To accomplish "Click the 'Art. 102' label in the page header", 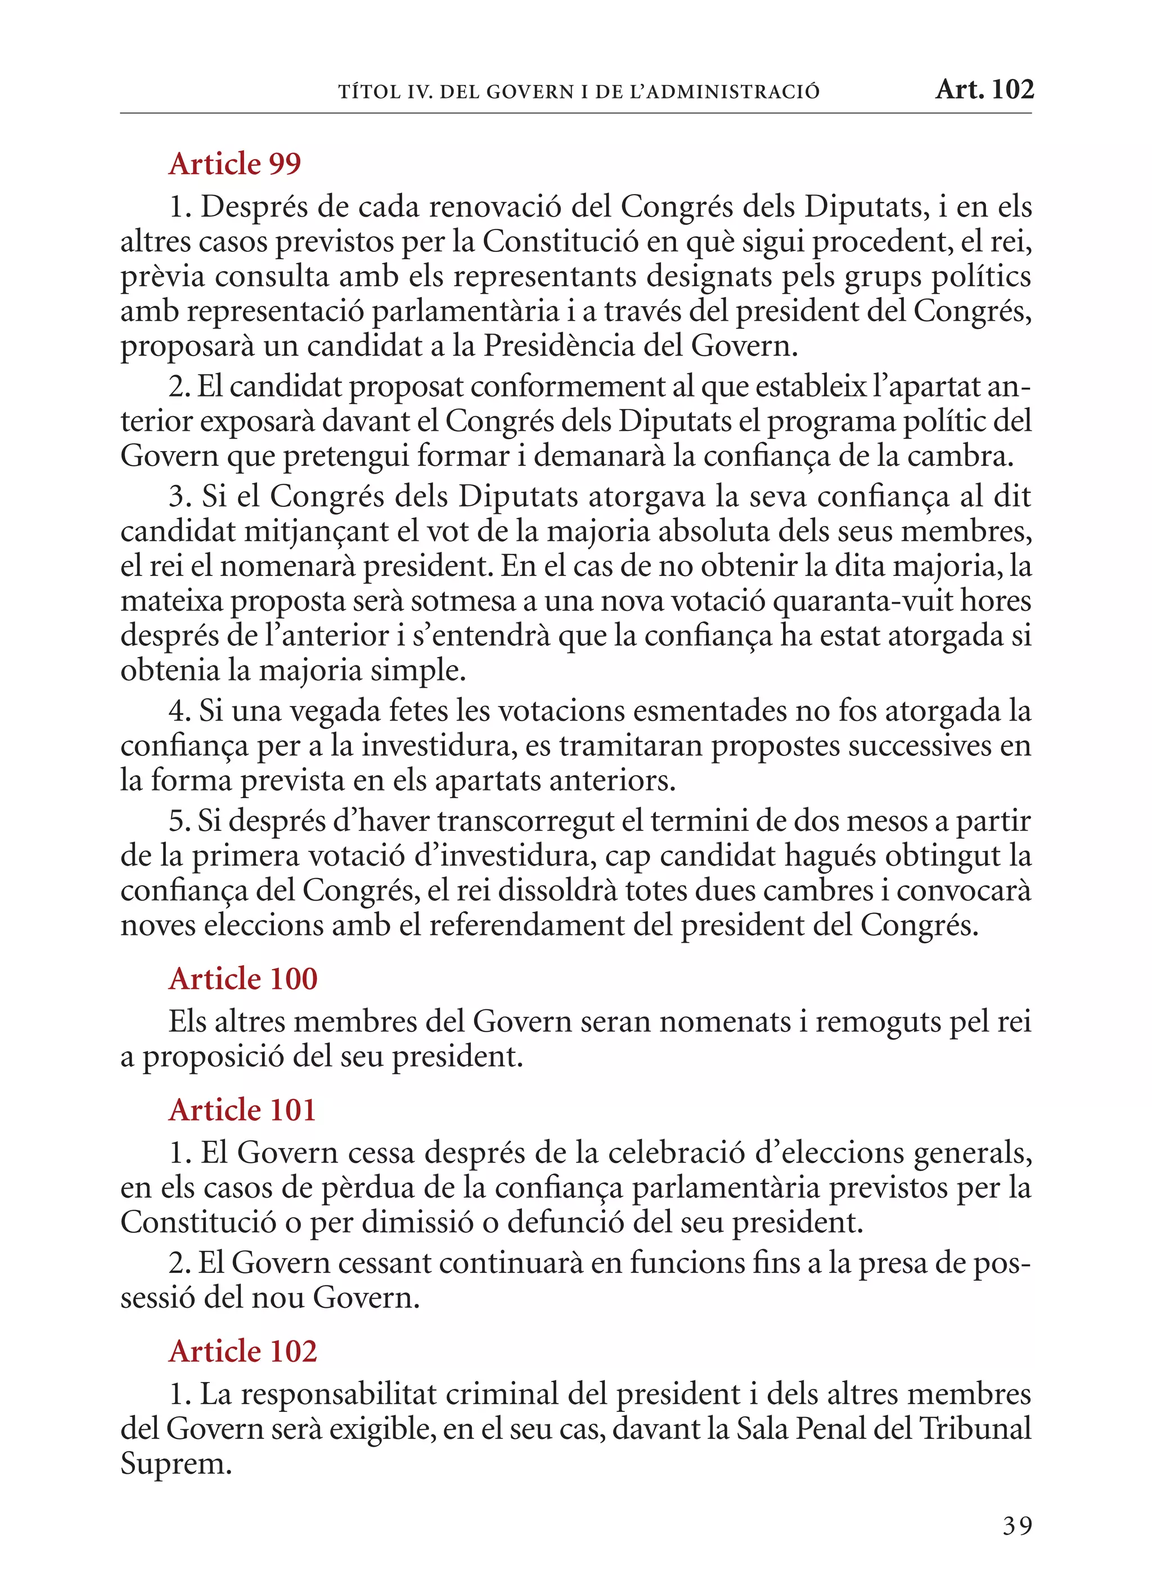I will pos(984,89).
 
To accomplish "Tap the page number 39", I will pos(1017,1526).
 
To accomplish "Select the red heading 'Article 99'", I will pos(235,164).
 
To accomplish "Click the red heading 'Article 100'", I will pos(243,979).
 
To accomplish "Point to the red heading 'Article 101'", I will pos(242,1110).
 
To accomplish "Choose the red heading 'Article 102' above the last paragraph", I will pos(243,1351).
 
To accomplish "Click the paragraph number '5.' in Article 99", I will pos(179,821).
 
